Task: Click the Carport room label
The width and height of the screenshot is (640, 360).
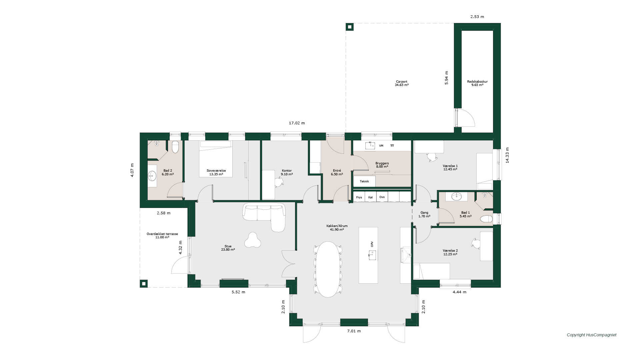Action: (x=402, y=82)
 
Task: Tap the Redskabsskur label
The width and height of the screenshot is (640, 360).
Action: (x=477, y=82)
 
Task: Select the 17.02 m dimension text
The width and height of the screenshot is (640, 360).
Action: (x=297, y=123)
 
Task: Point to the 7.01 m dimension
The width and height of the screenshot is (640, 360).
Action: (x=354, y=331)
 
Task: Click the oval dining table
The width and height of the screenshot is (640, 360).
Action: (x=328, y=269)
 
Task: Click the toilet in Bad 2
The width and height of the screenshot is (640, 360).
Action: (x=175, y=147)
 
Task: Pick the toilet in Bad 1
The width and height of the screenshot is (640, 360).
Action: (x=486, y=219)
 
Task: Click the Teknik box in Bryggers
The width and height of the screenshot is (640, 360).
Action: (x=364, y=181)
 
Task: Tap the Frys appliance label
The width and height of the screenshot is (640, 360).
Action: (x=359, y=197)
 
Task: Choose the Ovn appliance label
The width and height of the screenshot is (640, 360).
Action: (x=382, y=197)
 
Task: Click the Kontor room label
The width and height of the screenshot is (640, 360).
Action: (x=287, y=171)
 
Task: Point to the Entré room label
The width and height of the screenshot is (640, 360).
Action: (x=337, y=171)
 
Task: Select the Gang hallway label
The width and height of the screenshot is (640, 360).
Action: (x=424, y=213)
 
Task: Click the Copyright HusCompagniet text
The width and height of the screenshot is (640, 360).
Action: (x=592, y=335)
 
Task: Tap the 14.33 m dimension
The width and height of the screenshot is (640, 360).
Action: (x=507, y=155)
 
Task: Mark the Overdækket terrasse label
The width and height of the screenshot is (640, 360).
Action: (x=162, y=234)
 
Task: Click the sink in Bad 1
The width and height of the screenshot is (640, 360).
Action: (x=457, y=197)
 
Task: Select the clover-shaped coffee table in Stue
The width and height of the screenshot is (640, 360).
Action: (x=253, y=240)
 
